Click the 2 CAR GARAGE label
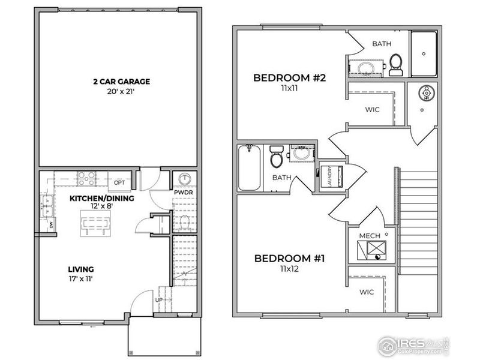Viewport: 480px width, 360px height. [121, 82]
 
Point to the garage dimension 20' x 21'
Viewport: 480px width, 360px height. [121, 93]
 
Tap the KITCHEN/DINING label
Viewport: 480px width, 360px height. [101, 199]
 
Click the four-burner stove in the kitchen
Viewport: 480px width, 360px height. [86, 178]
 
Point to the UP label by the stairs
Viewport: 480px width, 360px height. [159, 300]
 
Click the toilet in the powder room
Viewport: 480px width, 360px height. [184, 223]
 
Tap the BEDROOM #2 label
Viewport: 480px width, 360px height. [289, 77]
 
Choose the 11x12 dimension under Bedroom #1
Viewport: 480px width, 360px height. [289, 270]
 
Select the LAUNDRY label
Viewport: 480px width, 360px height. [329, 176]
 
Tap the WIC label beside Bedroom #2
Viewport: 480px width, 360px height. [372, 110]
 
